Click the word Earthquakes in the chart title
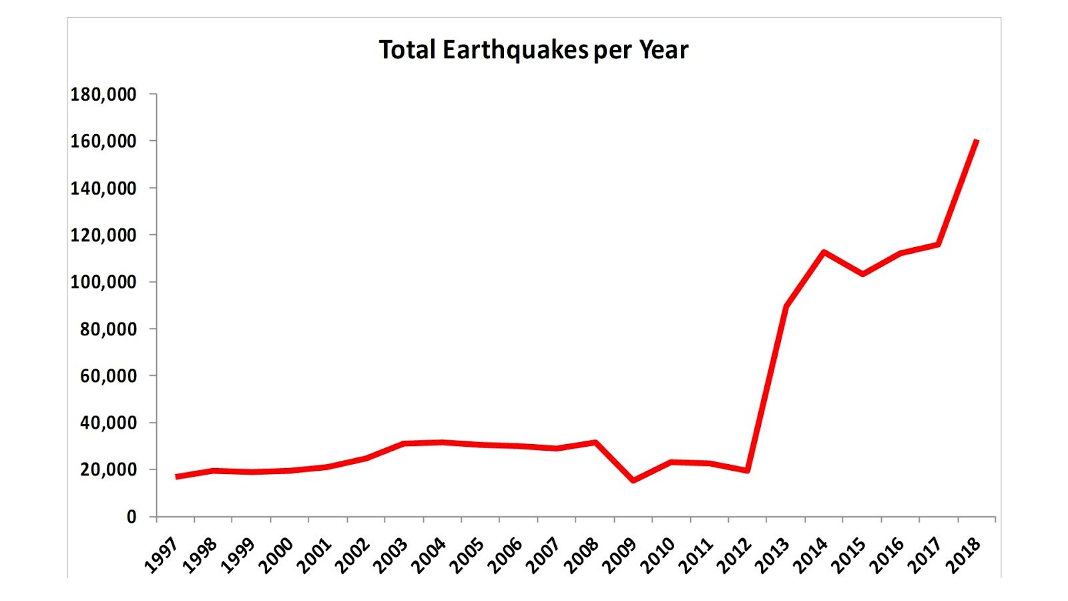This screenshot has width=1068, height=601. (x=515, y=50)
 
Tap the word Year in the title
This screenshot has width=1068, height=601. (x=663, y=50)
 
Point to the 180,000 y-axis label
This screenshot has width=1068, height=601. (x=103, y=94)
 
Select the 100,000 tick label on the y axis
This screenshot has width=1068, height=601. (x=103, y=282)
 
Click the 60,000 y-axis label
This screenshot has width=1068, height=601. (x=108, y=376)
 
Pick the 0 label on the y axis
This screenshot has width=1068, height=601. (x=131, y=517)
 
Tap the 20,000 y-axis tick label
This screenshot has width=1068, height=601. (x=108, y=469)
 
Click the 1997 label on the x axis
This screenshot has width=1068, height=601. (x=162, y=555)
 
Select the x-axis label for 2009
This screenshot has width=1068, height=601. (x=620, y=555)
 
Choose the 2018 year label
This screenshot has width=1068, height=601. (x=964, y=555)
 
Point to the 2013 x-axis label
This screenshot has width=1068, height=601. (x=773, y=555)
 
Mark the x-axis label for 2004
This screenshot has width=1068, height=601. (x=429, y=555)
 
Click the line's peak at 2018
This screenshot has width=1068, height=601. (x=977, y=141)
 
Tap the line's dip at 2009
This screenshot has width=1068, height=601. (x=633, y=480)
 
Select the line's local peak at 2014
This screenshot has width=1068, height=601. (x=824, y=252)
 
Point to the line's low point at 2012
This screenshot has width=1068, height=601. (x=748, y=471)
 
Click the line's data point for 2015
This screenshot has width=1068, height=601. (x=862, y=274)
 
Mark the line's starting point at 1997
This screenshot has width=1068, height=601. (x=176, y=477)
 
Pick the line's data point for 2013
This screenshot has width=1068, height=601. (x=786, y=307)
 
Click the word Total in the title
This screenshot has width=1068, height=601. (x=407, y=50)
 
